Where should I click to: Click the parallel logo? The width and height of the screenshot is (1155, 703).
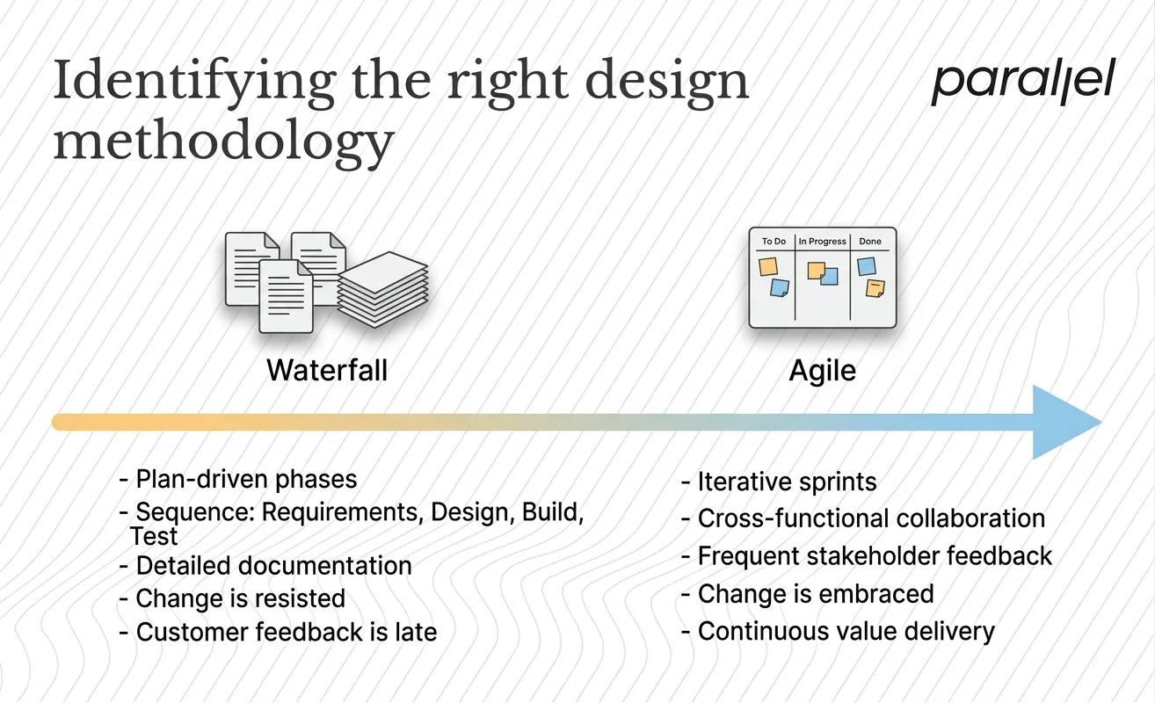(1022, 83)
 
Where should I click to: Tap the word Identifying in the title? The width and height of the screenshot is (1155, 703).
(193, 81)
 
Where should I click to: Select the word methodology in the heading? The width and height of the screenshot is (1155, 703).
(223, 141)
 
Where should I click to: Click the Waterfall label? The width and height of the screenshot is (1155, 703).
(327, 370)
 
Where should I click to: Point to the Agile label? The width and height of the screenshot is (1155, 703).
(822, 370)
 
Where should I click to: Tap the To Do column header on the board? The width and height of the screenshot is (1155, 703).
(774, 241)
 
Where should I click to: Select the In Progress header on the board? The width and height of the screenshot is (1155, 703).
(822, 241)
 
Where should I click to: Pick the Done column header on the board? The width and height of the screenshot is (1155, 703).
(870, 241)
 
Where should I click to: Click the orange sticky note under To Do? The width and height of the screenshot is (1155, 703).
(767, 265)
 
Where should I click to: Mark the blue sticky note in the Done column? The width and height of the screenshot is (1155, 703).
(867, 266)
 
